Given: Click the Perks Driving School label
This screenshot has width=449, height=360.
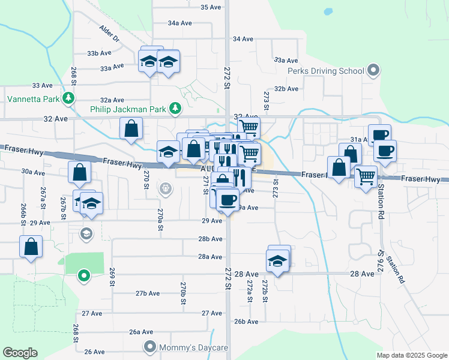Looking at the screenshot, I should (x=326, y=71).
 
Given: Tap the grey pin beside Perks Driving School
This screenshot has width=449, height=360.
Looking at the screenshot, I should (x=373, y=71).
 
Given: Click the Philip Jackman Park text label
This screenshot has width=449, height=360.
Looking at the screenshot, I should (x=128, y=109).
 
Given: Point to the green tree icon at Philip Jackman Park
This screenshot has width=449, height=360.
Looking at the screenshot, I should (x=175, y=109).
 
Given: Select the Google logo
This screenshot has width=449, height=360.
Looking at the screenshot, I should (x=20, y=353).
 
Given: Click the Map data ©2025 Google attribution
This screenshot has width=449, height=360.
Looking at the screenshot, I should (x=411, y=355).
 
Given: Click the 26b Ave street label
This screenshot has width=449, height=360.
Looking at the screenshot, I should (x=246, y=322).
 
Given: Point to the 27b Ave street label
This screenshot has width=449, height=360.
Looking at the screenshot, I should (x=148, y=293).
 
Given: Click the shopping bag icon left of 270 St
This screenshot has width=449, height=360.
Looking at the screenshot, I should (x=131, y=128).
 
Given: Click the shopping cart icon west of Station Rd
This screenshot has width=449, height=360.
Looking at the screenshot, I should (x=366, y=176).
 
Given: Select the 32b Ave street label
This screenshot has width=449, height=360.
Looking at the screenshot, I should (x=286, y=88).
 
